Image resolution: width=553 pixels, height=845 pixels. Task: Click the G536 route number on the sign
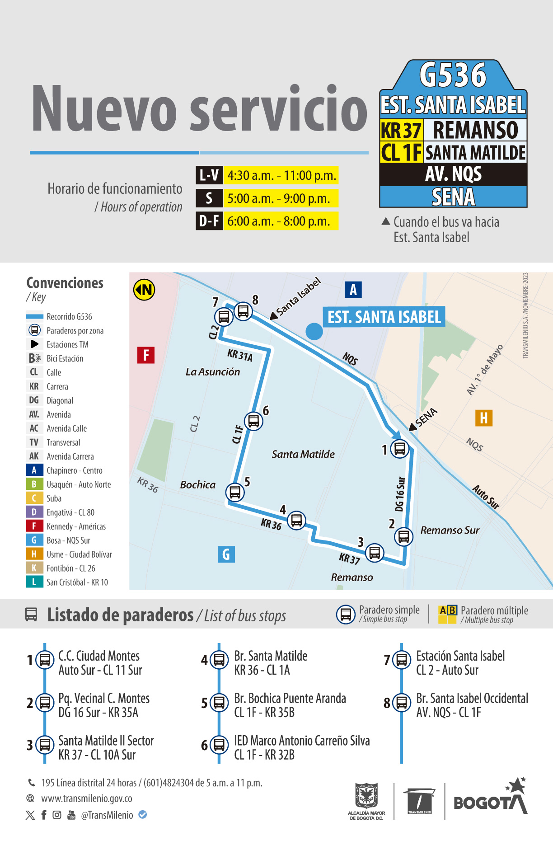453,75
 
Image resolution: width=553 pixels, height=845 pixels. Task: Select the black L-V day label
209,175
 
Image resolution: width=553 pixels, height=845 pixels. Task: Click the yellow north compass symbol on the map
144,290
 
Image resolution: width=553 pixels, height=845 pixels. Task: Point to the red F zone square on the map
146,355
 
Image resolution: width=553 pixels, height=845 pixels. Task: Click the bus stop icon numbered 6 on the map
253,421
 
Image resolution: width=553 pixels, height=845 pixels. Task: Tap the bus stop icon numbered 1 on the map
399,449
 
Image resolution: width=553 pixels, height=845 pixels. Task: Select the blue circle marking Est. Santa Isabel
314,331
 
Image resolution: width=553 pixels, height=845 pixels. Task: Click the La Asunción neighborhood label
213,372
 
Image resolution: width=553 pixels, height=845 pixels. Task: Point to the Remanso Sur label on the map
450,530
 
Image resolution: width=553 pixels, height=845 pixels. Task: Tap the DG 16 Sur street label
400,493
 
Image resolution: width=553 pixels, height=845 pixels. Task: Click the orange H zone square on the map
483,418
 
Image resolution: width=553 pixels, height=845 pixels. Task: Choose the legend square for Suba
34,498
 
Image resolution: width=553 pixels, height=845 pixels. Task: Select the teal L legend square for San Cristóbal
34,582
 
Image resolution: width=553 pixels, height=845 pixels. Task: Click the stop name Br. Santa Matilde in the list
271,656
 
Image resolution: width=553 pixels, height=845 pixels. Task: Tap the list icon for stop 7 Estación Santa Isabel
401,660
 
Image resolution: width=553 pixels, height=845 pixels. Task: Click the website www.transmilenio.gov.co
87,798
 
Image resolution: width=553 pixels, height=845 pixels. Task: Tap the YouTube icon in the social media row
71,815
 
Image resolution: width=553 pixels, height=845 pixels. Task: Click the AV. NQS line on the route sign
453,174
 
